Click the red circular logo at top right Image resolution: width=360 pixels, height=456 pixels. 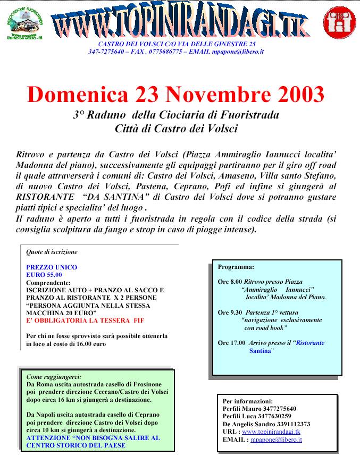coord(339,22)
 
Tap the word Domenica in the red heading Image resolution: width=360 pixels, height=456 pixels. coord(78,95)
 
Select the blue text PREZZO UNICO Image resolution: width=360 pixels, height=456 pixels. coord(52,267)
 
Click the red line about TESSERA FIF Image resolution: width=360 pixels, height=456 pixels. coord(85,320)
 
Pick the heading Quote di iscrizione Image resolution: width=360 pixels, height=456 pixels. coord(52,252)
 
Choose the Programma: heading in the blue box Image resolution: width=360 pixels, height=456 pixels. coord(236,267)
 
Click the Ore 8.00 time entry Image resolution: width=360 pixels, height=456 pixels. coord(230,282)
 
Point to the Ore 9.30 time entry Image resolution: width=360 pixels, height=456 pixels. coord(230,313)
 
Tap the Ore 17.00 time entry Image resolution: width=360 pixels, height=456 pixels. coord(231,343)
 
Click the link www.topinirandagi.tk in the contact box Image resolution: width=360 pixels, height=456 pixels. coord(271,432)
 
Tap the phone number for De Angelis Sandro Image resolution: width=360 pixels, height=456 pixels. coord(290,424)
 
